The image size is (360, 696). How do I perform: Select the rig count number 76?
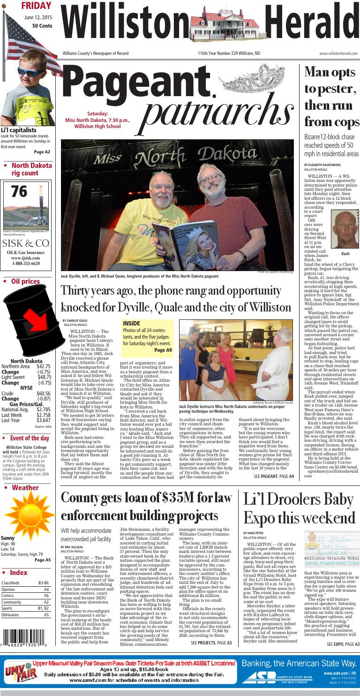click(x=19, y=192)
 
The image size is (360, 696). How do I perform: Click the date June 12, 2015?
click(x=38, y=17)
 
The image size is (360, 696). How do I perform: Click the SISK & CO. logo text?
click(x=26, y=243)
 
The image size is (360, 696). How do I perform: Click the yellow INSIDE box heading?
click(x=132, y=324)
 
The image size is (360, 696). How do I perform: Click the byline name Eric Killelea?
click(x=72, y=547)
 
